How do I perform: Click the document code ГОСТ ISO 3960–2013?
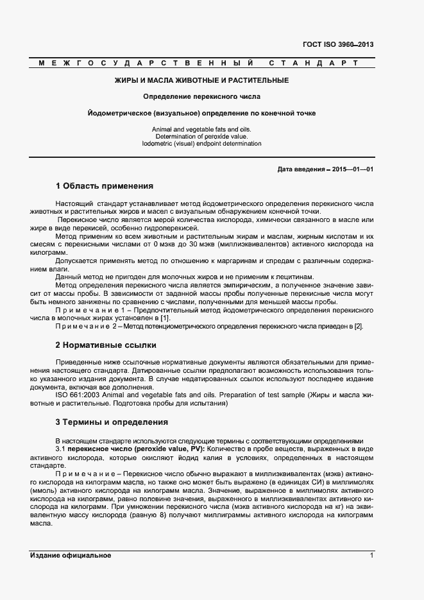337,45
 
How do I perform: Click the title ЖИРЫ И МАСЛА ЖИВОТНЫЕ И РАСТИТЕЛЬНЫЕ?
201,80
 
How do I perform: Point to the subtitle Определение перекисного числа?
201,97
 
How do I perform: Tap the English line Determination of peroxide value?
201,136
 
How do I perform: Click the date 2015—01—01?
352,169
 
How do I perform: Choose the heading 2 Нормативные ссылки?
106,345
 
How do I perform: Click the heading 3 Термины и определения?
112,422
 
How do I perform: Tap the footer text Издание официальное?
71,556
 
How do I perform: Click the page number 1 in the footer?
371,556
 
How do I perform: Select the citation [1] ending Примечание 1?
165,318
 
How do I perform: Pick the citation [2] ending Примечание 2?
359,326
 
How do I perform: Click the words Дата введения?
300,169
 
